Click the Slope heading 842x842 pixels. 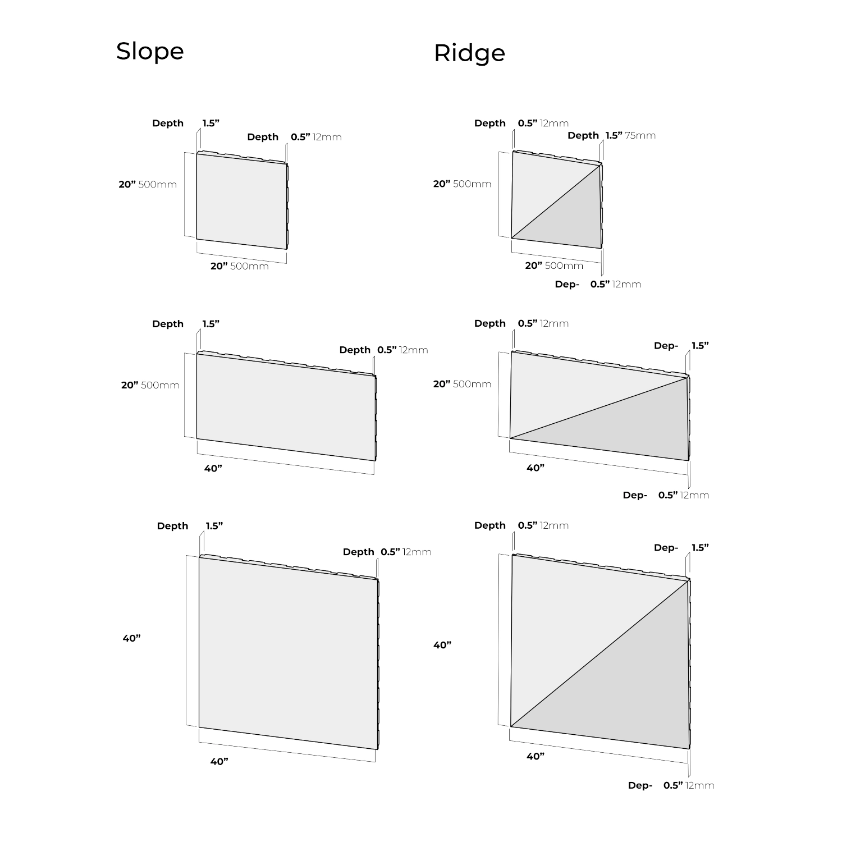click(150, 51)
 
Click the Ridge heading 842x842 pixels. click(469, 53)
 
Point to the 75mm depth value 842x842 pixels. click(640, 135)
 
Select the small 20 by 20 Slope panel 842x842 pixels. click(242, 200)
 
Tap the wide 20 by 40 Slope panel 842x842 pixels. click(286, 406)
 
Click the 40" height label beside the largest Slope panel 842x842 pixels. click(131, 638)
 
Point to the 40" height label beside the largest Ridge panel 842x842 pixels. click(442, 646)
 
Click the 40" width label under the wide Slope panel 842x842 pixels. click(213, 468)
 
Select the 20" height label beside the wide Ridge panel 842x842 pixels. click(442, 384)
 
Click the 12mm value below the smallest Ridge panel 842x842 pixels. click(626, 284)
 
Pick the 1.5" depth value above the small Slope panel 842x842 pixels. click(210, 123)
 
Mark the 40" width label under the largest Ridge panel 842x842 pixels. click(536, 757)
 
